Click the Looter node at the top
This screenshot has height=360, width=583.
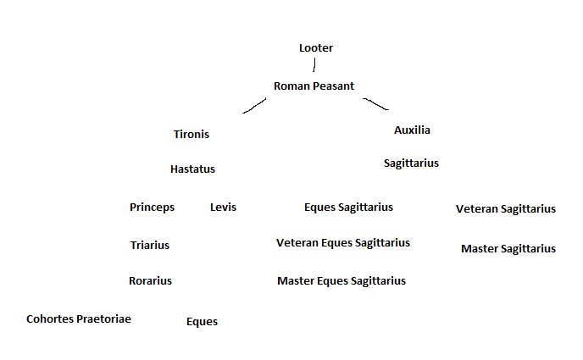pos(316,48)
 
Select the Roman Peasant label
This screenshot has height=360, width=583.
pos(314,86)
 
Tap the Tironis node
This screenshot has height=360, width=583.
pos(192,134)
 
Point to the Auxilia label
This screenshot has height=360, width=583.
pos(412,130)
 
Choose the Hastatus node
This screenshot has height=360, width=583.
pos(192,169)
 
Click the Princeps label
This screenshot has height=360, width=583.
pos(152,208)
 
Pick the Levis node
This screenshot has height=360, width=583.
pos(223,208)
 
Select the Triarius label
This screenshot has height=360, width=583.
pos(150,246)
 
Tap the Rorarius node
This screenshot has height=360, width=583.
pos(150,281)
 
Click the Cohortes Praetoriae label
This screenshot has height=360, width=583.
pos(79,319)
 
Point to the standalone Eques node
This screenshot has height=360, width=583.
pos(202,322)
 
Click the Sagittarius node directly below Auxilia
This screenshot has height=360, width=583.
pos(411,163)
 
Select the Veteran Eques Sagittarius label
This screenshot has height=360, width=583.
pos(343,243)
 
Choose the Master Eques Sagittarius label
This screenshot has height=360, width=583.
pos(341,281)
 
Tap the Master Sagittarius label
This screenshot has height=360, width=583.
pos(508,249)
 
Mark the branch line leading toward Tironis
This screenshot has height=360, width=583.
pos(254,106)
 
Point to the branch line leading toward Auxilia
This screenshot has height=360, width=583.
pos(376,104)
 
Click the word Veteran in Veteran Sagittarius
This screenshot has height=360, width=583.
pos(477,209)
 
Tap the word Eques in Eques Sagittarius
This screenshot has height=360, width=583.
pos(319,208)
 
